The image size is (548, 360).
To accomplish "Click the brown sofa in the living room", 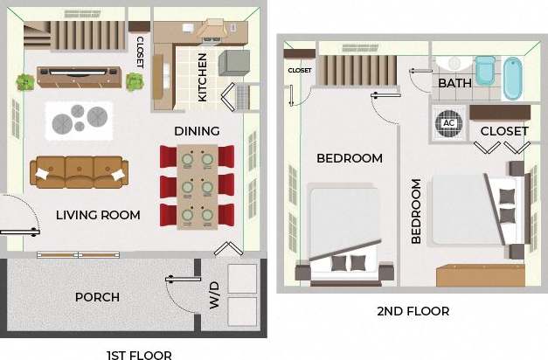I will (x=79, y=172).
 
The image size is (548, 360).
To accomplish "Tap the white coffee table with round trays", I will (x=79, y=120).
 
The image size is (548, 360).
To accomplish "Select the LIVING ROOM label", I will (x=98, y=215).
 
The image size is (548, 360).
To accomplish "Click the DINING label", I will (x=197, y=131).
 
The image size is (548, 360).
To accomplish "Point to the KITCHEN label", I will (x=203, y=78).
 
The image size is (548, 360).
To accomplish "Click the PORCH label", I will (x=97, y=297).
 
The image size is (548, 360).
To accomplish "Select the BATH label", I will (x=454, y=83).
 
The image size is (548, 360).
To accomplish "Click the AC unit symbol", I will (x=449, y=122).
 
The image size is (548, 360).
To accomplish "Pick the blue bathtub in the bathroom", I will (x=512, y=78).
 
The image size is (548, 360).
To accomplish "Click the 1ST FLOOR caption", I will (x=138, y=354).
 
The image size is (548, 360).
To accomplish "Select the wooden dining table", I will (x=197, y=187).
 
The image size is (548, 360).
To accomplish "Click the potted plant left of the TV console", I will (x=24, y=82).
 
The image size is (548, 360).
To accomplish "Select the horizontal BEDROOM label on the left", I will (x=350, y=158).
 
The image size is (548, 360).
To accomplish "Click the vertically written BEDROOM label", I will (x=416, y=211).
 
